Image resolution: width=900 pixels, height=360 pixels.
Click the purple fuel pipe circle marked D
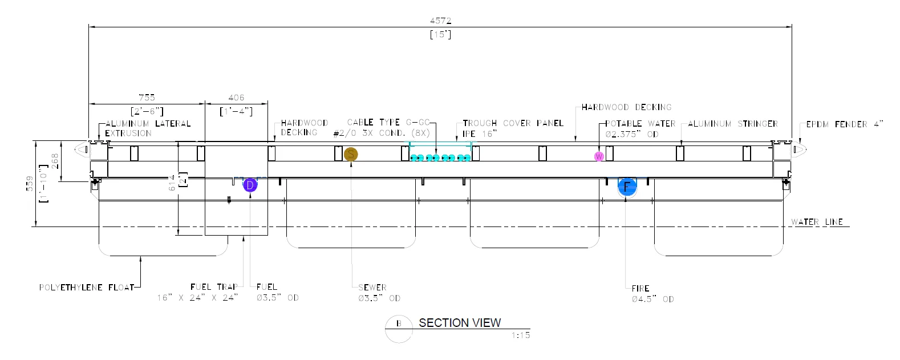(250, 185)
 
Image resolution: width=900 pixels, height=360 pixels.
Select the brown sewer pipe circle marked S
(351, 154)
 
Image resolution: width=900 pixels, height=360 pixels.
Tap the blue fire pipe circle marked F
(627, 187)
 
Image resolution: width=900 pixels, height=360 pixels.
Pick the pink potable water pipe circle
(599, 156)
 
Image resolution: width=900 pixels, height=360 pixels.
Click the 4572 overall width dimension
(440, 21)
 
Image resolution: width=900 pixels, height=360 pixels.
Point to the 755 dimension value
(147, 98)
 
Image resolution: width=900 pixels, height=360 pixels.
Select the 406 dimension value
(236, 98)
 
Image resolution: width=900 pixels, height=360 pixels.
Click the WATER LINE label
(817, 222)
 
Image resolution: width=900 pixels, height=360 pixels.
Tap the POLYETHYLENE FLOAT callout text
(87, 288)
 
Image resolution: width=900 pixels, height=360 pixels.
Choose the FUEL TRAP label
(214, 287)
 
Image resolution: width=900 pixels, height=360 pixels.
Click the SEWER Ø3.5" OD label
(379, 293)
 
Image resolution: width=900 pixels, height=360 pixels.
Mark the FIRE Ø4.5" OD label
(652, 294)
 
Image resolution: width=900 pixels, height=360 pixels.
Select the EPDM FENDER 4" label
(844, 124)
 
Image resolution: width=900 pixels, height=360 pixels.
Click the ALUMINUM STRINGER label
(732, 124)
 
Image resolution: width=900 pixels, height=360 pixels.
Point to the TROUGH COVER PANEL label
(513, 123)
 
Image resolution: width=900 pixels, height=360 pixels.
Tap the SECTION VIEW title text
(460, 323)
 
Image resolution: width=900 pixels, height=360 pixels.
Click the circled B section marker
(399, 323)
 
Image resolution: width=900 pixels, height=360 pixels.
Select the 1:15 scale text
(520, 335)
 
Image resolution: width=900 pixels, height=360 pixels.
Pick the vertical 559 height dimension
(30, 183)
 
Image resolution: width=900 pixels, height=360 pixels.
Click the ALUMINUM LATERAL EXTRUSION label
(148, 128)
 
